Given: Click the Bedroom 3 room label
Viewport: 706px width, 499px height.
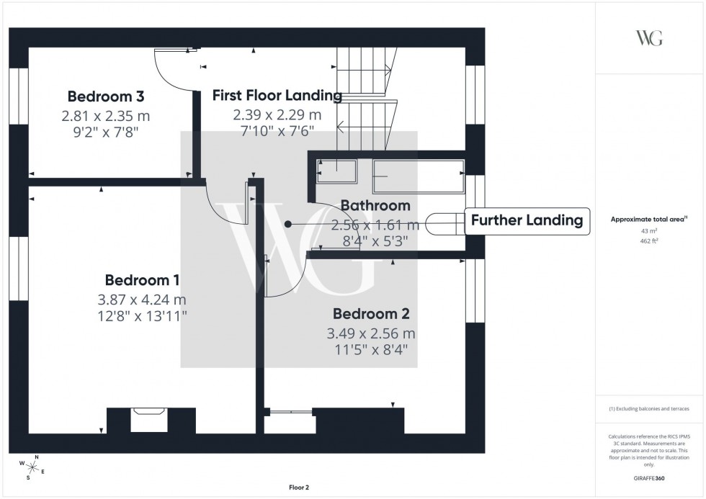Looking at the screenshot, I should (x=106, y=96).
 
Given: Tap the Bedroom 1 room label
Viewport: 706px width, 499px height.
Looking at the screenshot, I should (x=142, y=280).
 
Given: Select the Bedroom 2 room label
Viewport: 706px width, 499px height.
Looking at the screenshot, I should (x=371, y=314).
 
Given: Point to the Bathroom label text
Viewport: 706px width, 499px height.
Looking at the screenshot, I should (x=375, y=206).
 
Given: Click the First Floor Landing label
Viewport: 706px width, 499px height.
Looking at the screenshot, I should (x=277, y=95).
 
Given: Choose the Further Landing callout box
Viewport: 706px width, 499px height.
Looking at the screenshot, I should (x=527, y=220).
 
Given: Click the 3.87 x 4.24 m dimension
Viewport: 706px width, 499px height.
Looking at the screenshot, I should (x=142, y=300).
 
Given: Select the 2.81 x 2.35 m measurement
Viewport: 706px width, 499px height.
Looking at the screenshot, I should (x=106, y=115).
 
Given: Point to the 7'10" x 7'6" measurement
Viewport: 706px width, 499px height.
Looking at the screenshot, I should (x=277, y=131).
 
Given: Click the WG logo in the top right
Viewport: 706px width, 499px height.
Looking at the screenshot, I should (x=648, y=39).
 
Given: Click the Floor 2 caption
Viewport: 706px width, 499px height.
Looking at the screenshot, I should (x=298, y=487).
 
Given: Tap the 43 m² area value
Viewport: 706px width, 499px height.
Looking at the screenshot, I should (x=649, y=231).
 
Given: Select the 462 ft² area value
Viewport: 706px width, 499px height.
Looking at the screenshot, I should (x=649, y=242).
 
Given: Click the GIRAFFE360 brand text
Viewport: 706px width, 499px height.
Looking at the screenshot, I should (x=649, y=477).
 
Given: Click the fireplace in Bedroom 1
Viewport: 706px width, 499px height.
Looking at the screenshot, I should (x=149, y=419).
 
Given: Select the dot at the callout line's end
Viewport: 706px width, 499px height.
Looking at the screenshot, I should (x=287, y=224).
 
